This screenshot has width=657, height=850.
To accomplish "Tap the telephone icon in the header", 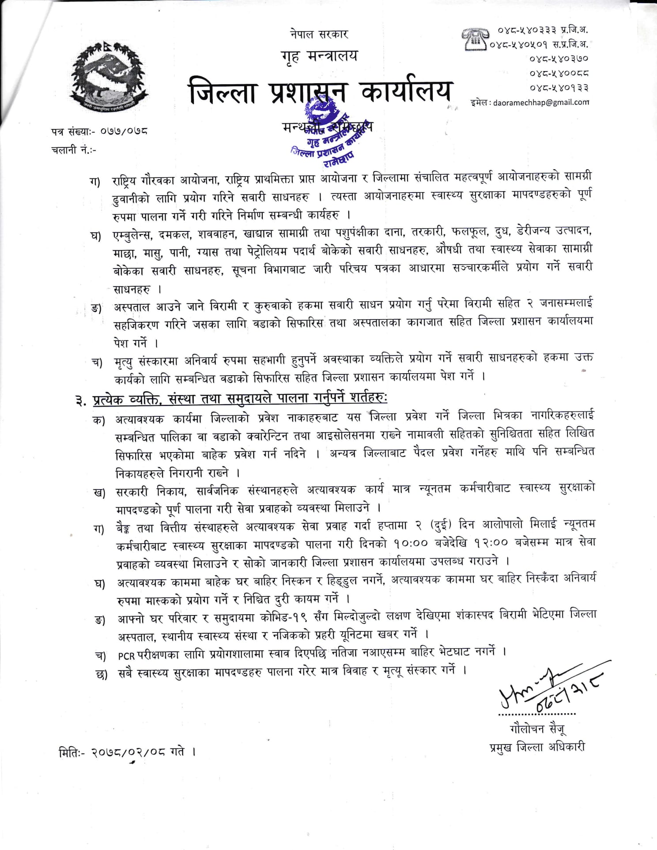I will (475, 38).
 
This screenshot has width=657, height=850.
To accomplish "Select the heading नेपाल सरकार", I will (319, 34).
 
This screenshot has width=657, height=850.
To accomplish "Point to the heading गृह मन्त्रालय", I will (319, 56).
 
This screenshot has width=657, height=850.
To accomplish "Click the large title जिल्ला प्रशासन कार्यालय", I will (321, 92).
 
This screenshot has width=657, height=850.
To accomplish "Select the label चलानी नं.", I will (73, 150).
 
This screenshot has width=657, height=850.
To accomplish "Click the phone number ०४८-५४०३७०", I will (559, 58).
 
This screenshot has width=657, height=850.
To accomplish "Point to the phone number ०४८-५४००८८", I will (559, 73).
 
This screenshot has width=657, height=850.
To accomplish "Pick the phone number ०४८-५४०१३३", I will (559, 87).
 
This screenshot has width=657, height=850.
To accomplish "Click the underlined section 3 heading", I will (239, 399).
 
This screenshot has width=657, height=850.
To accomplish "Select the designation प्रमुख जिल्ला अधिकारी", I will (537, 747).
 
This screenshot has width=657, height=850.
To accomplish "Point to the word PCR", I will (126, 655).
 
